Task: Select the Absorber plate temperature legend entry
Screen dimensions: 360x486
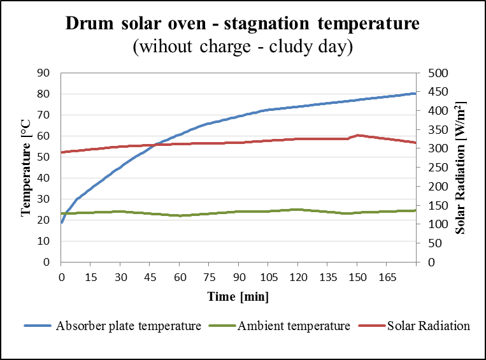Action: (x=129, y=326)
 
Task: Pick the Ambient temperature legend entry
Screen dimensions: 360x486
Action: (x=294, y=326)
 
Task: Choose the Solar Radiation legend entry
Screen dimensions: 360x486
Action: (x=428, y=326)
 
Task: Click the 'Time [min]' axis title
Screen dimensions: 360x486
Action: (x=238, y=296)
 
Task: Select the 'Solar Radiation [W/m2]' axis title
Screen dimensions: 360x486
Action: (x=461, y=167)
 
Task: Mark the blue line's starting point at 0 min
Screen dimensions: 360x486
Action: (x=62, y=222)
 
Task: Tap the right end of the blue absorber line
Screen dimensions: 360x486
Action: (x=415, y=94)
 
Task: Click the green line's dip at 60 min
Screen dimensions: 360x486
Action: (x=180, y=215)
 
